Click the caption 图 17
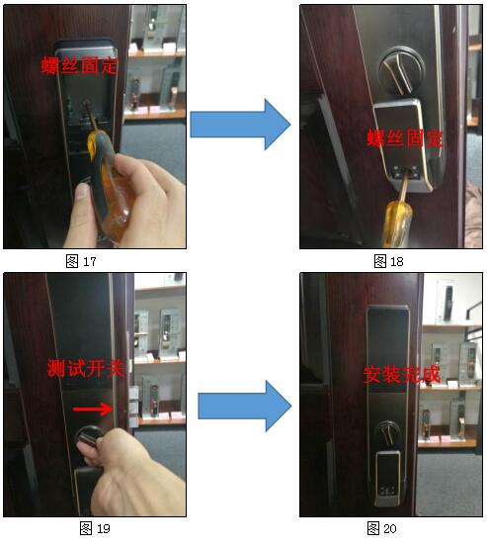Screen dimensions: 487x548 [81, 261]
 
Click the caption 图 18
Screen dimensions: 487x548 [388, 261]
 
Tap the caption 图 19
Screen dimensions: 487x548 [95, 528]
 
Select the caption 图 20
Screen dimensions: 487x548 [382, 528]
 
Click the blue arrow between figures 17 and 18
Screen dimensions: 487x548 [240, 125]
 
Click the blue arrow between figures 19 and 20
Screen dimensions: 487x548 [244, 407]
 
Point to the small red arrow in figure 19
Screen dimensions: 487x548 [93, 409]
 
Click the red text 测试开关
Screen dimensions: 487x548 [86, 368]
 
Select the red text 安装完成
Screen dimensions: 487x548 [402, 375]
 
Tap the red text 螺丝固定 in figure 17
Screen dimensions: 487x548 [80, 65]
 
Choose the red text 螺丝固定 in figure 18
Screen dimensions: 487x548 [405, 137]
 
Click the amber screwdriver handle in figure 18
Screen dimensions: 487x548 [396, 224]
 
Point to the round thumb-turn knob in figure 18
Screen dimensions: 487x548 [401, 70]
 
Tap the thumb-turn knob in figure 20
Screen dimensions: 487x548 [388, 432]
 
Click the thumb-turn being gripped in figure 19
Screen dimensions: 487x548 [89, 437]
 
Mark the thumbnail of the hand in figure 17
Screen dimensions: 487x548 [83, 192]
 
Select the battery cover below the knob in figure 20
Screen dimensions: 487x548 [388, 478]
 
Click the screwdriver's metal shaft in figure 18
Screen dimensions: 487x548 [403, 188]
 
